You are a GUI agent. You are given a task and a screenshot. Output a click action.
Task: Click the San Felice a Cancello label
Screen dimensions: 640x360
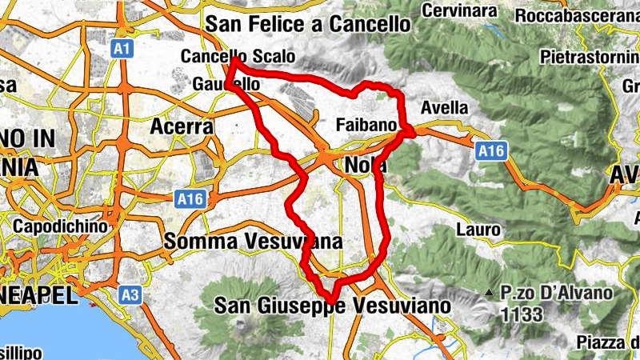307,24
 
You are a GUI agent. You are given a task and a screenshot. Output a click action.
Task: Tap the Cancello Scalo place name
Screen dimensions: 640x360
238,57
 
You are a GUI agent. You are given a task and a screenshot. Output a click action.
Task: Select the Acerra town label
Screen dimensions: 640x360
182,126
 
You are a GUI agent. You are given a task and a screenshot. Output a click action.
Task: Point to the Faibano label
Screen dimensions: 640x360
367,126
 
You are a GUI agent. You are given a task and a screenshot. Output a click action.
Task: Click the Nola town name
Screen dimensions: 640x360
368,166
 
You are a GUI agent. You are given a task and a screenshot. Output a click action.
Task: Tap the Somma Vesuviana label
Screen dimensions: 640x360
253,241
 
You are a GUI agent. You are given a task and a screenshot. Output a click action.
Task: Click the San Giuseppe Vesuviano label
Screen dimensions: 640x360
334,306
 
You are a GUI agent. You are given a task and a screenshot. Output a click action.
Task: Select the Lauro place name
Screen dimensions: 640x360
478,230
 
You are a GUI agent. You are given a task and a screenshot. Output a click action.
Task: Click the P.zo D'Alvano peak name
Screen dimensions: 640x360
557,294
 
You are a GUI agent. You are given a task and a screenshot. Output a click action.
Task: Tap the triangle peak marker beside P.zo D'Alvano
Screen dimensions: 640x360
488,294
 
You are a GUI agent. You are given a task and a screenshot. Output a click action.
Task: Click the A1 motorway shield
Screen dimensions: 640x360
122,50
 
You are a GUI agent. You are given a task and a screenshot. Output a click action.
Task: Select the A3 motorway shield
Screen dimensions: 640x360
131,296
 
